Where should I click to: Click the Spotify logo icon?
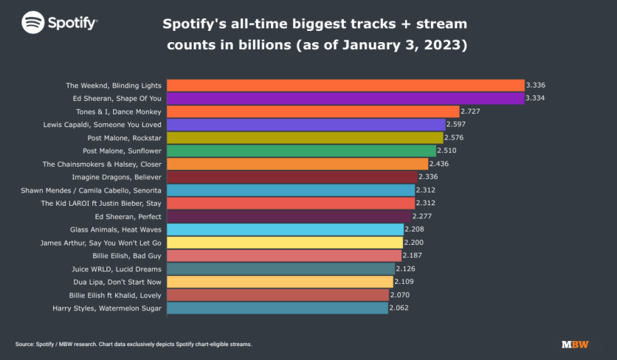[32, 22]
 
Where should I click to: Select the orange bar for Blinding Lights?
[345, 86]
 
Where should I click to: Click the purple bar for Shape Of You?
[345, 98]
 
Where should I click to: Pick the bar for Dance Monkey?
[312, 111]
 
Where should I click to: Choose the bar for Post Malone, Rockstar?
[305, 137]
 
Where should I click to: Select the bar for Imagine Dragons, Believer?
[292, 177]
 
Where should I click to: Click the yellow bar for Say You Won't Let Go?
[284, 243]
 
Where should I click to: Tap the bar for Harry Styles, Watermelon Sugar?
[277, 308]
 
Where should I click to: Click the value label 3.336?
[535, 86]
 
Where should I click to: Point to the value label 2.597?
[458, 125]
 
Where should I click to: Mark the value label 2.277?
[424, 216]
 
